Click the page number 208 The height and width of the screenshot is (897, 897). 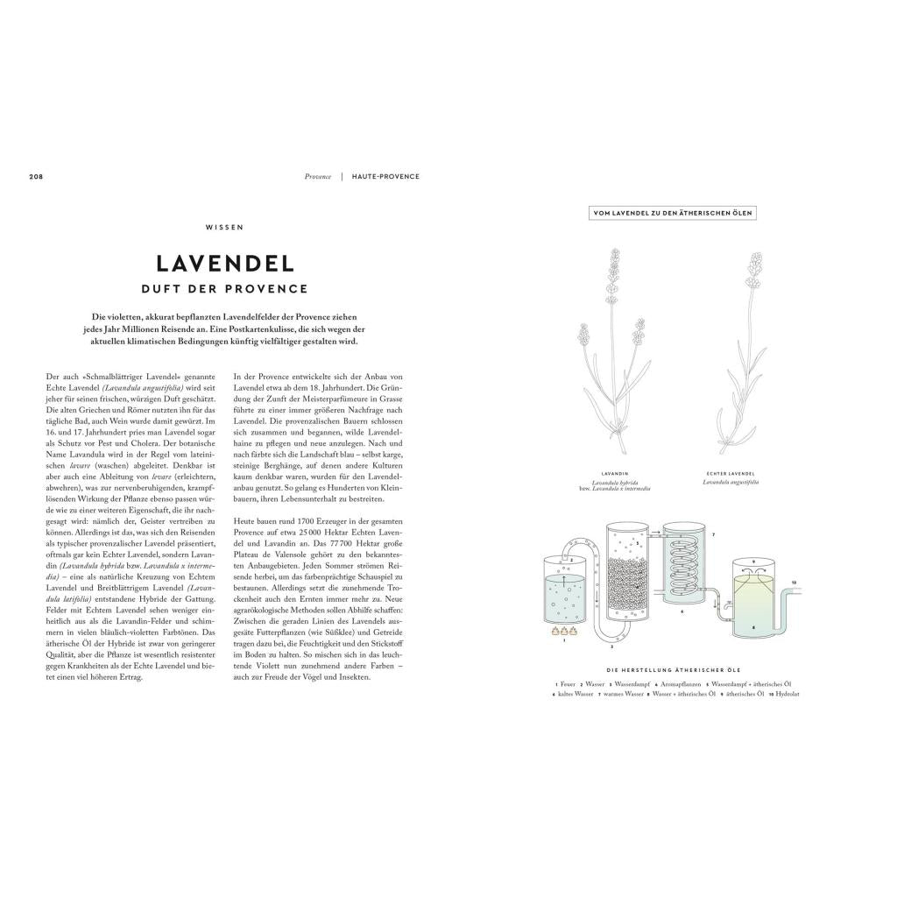(36, 176)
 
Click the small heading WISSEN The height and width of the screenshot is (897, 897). (224, 227)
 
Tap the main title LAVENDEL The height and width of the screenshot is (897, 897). (224, 263)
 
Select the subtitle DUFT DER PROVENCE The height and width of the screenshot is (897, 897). (224, 288)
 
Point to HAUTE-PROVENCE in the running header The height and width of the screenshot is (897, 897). (385, 176)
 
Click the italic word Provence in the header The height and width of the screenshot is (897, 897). (318, 176)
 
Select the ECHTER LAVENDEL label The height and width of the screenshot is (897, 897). (731, 472)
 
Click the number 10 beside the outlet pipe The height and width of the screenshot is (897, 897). (795, 582)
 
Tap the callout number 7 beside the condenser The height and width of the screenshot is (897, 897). (713, 533)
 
